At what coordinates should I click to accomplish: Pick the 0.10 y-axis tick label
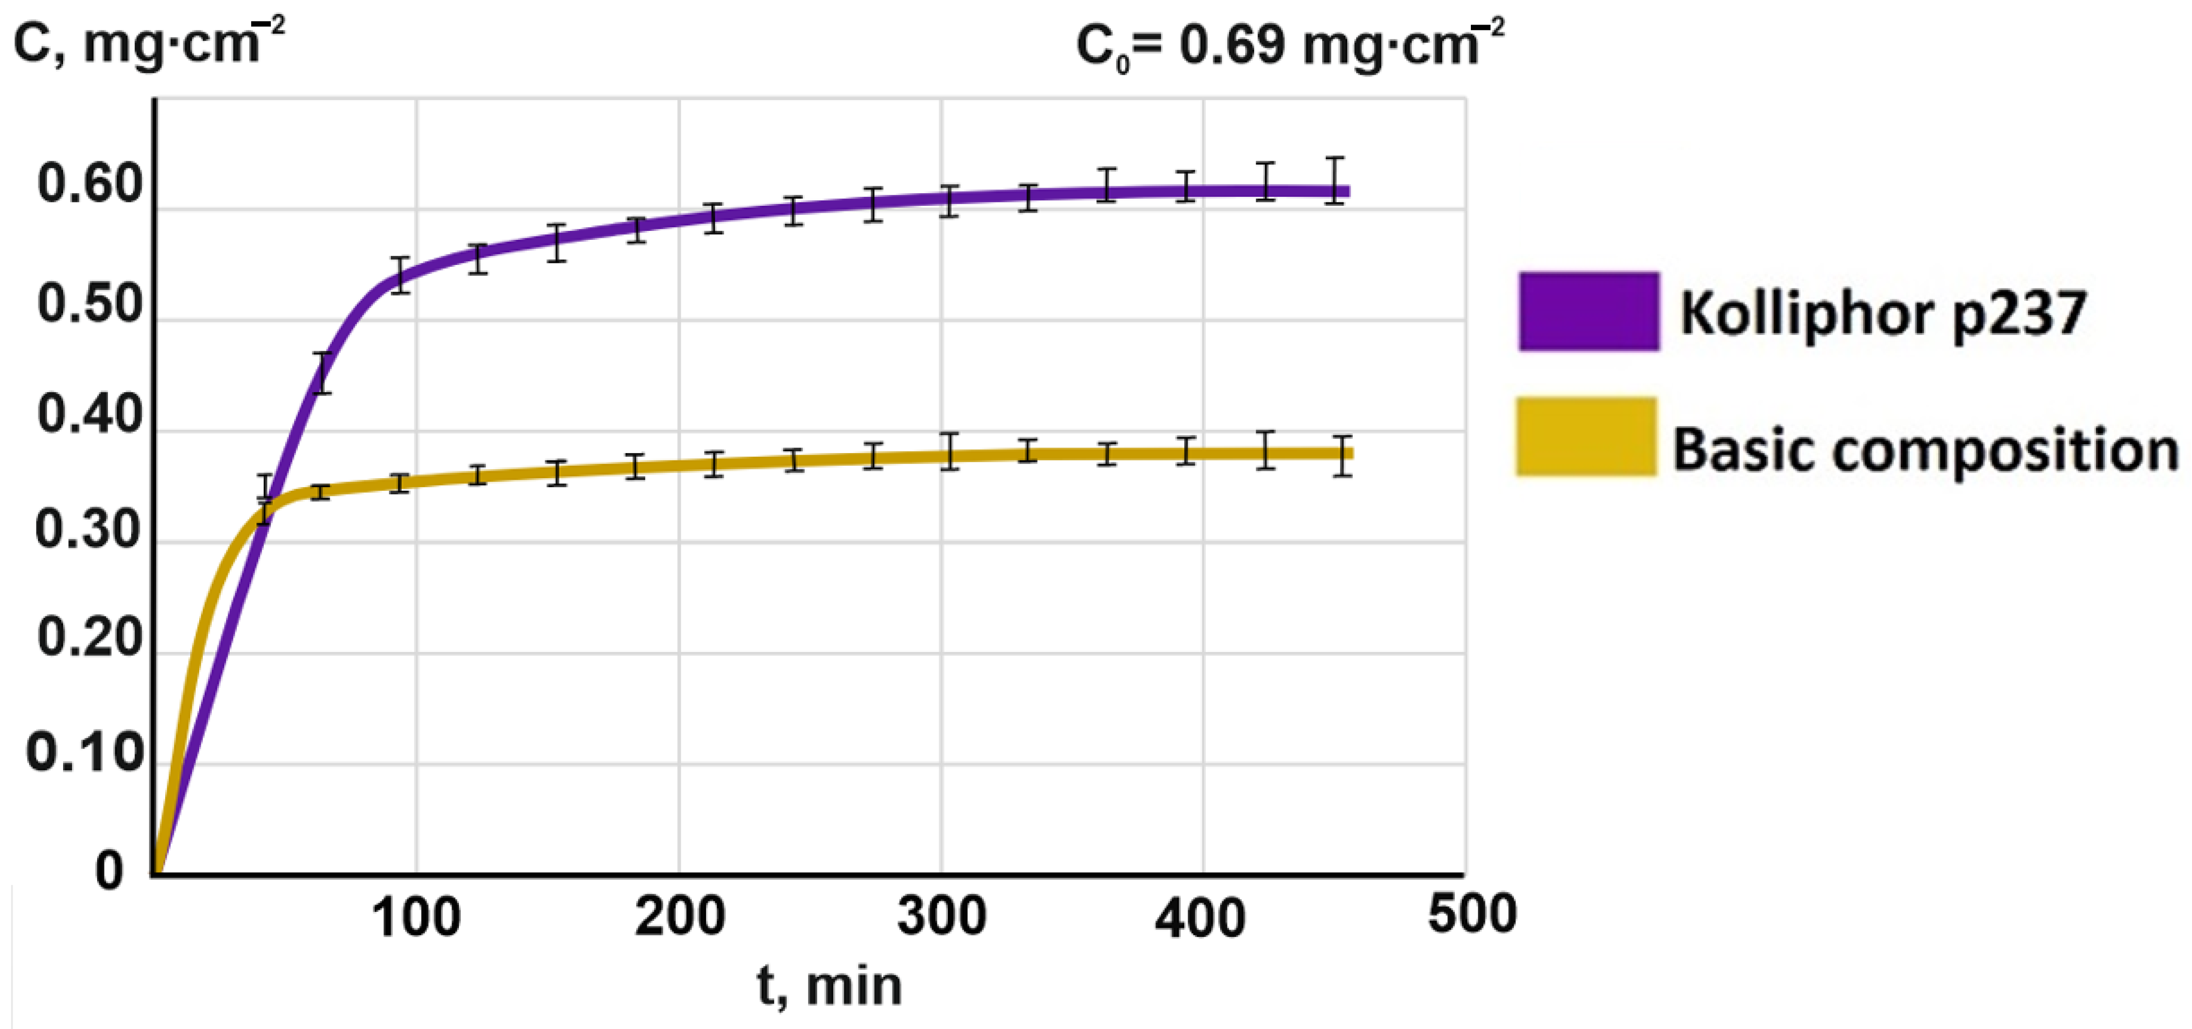[x=85, y=753]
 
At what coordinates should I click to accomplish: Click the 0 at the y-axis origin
[x=109, y=871]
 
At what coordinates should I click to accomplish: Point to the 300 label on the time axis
[x=942, y=917]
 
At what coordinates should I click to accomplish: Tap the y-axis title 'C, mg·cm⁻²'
[x=149, y=43]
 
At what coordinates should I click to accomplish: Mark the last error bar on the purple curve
[x=1335, y=180]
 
